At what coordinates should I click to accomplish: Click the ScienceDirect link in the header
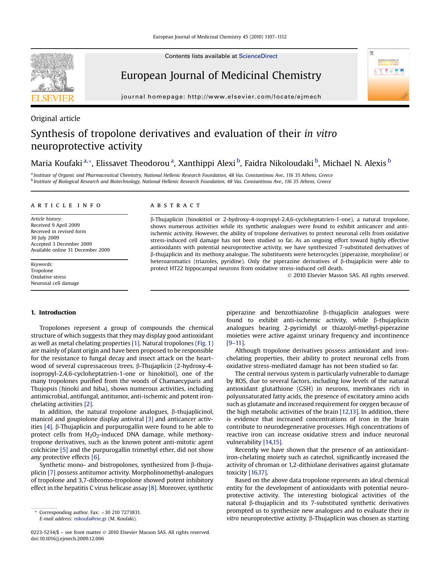pos(258,56)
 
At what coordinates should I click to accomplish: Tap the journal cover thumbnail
pos(388,75)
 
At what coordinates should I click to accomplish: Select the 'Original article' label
pos(55,118)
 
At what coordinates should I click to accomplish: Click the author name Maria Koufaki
pos(56,164)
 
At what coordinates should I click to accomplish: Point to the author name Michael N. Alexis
pos(354,164)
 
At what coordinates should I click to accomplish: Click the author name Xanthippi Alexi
pos(207,164)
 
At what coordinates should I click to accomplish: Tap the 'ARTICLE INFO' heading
pos(66,205)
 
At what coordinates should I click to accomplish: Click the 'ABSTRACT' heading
pos(175,205)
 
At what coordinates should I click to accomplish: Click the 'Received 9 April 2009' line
pos(55,225)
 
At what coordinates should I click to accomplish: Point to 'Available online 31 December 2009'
pos(70,250)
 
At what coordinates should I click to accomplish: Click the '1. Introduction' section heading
pos(53,312)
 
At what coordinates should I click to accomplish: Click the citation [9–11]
pos(235,343)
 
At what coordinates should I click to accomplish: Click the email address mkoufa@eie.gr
pos(90,519)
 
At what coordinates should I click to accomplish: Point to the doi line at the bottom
pos(67,539)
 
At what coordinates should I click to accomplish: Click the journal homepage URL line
pos(221,97)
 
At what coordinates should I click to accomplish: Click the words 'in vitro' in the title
pos(320,133)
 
